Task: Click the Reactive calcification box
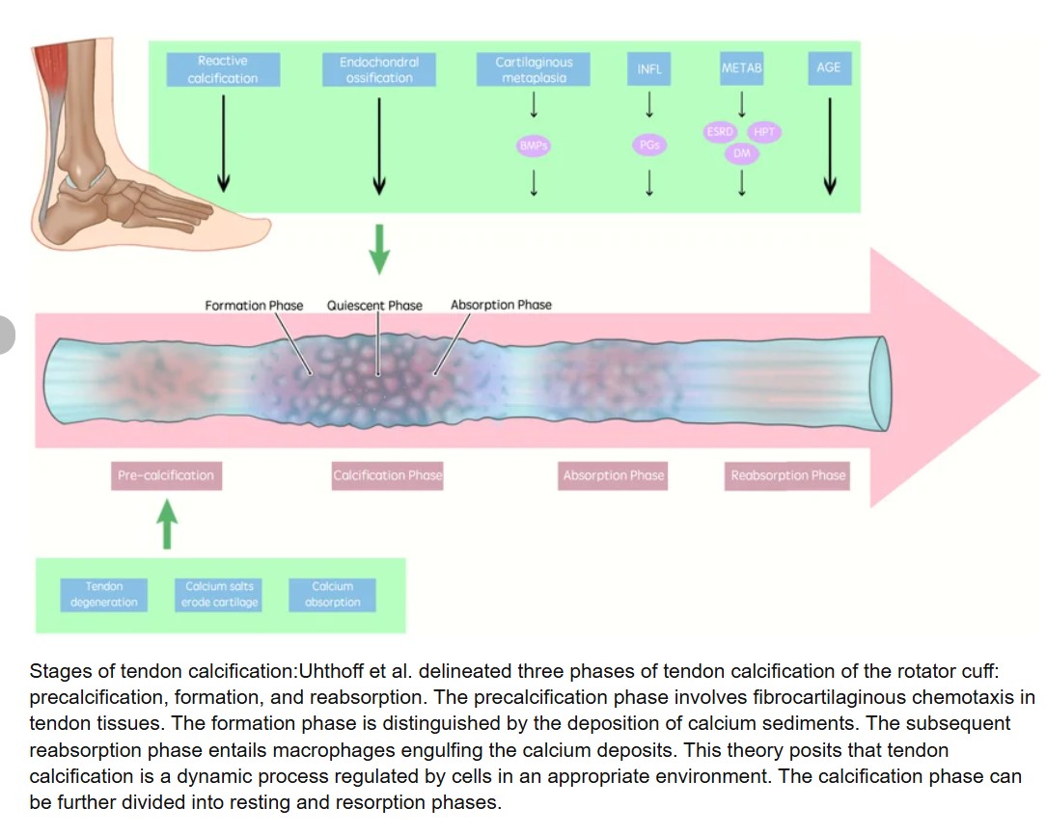pyautogui.click(x=223, y=69)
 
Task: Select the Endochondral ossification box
pyautogui.click(x=379, y=69)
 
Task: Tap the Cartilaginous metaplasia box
pyautogui.click(x=534, y=69)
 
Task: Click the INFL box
pyautogui.click(x=649, y=69)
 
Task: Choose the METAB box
pyautogui.click(x=741, y=69)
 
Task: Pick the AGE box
pyautogui.click(x=829, y=68)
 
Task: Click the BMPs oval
pyautogui.click(x=534, y=146)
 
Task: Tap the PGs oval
pyautogui.click(x=649, y=146)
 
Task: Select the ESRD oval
pyautogui.click(x=721, y=132)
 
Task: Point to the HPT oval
pyautogui.click(x=764, y=132)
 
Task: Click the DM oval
pyautogui.click(x=742, y=153)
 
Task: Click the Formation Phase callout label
pyautogui.click(x=254, y=306)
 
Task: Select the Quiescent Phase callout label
pyautogui.click(x=374, y=306)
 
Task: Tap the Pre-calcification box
pyautogui.click(x=166, y=475)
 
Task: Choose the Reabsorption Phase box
pyautogui.click(x=787, y=475)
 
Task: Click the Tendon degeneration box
pyautogui.click(x=104, y=594)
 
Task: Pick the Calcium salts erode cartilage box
pyautogui.click(x=221, y=594)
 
